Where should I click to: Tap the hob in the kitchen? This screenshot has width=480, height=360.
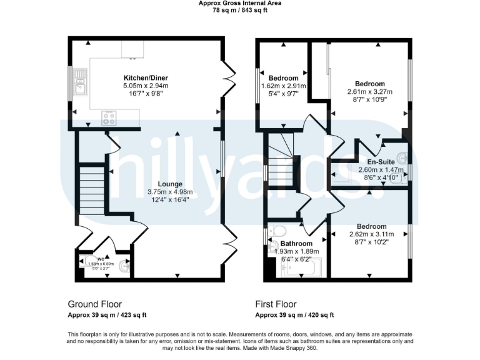[109, 117]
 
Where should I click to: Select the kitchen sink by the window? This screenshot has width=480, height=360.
[80, 81]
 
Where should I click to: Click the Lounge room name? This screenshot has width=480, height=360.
[169, 184]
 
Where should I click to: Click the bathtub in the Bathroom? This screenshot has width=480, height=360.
[301, 267]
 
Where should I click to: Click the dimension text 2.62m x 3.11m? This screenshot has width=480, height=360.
[371, 234]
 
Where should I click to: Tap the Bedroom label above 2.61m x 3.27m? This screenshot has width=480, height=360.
[370, 84]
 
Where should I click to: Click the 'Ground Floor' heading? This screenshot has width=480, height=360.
[95, 304]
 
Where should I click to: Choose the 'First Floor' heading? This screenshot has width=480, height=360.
[276, 304]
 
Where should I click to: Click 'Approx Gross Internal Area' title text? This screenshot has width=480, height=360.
[240, 3]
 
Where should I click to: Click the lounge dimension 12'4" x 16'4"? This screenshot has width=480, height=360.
[169, 200]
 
